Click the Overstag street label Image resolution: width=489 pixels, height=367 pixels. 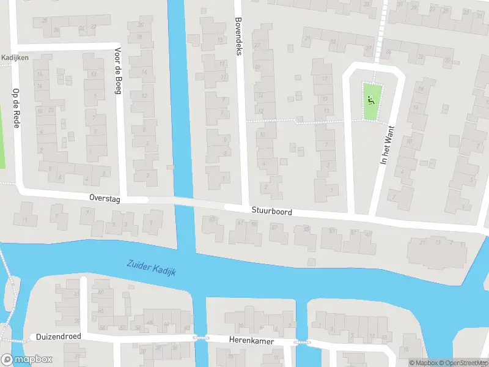(x=105, y=198)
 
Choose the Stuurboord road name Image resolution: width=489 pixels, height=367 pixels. (x=271, y=211)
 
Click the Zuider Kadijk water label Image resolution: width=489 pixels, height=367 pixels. (x=151, y=268)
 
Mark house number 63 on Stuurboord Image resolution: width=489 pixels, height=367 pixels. (x=212, y=219)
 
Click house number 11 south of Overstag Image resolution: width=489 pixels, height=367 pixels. (x=25, y=220)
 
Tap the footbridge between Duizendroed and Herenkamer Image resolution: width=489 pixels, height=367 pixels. (x=197, y=337)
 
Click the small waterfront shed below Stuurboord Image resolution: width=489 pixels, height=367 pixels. (x=312, y=262)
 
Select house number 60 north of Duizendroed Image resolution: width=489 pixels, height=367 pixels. (x=101, y=292)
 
